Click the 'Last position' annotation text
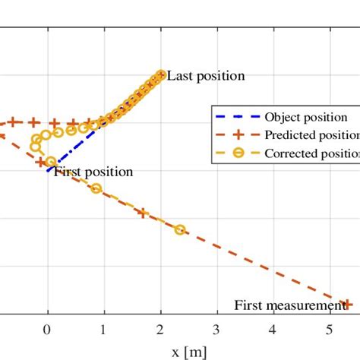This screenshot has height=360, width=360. [x=206, y=76]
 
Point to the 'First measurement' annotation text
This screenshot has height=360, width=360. [x=289, y=306]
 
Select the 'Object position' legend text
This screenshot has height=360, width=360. [x=306, y=118]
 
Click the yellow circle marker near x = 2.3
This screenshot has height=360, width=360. [x=180, y=229]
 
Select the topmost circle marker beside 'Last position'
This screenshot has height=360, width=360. [x=160, y=74]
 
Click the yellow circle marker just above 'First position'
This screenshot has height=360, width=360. [x=51, y=162]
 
